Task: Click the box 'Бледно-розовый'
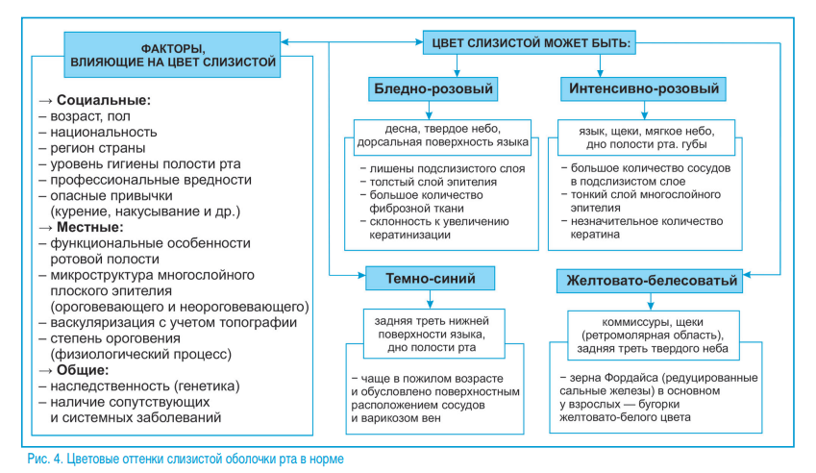coord(433,90)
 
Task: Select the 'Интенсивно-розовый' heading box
coord(641,90)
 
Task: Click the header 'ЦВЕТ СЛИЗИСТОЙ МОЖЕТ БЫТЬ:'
coord(532,43)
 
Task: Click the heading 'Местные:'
coord(93,228)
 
